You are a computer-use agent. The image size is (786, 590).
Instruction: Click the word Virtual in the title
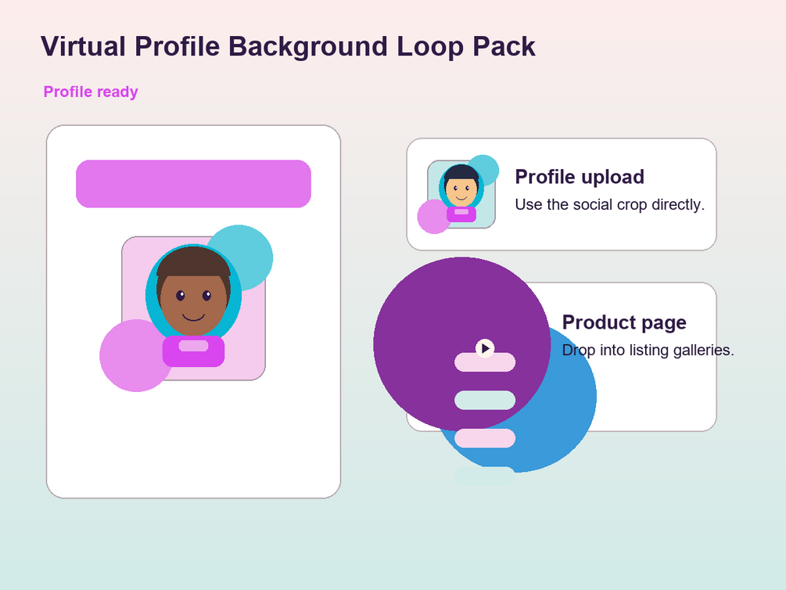pos(83,46)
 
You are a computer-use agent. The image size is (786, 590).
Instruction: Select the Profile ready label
pos(91,92)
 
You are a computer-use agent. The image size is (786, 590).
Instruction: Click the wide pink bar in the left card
pos(193,184)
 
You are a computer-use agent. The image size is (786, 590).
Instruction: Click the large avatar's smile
pos(193,317)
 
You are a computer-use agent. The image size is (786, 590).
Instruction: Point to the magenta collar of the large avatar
pos(193,351)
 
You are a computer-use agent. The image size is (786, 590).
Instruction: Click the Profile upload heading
pos(580,177)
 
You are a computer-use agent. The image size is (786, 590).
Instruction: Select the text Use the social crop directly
pos(609,205)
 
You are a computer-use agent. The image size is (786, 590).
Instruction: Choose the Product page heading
pos(624,322)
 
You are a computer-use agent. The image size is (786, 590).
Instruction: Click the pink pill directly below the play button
pos(485,362)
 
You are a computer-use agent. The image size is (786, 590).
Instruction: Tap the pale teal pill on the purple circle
pos(485,401)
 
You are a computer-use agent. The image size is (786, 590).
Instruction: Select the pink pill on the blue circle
pos(485,438)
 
